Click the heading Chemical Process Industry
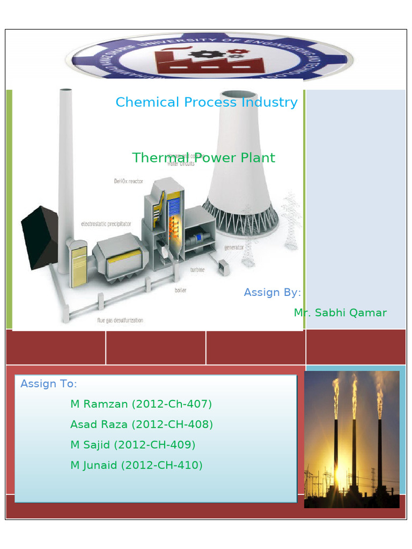pyautogui.click(x=207, y=102)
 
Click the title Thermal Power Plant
pyautogui.click(x=203, y=158)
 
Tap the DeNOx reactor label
pyautogui.click(x=128, y=181)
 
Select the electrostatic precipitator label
pyautogui.click(x=106, y=224)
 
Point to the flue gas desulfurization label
pyautogui.click(x=120, y=321)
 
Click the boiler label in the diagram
pyautogui.click(x=180, y=290)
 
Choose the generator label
pyautogui.click(x=233, y=248)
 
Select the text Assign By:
pyautogui.click(x=272, y=293)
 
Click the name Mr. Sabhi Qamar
pyautogui.click(x=340, y=313)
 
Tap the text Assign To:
pyautogui.click(x=49, y=384)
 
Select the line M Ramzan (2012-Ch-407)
pyautogui.click(x=141, y=404)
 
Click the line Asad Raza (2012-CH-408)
pyautogui.click(x=142, y=425)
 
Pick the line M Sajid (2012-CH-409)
pyautogui.click(x=133, y=445)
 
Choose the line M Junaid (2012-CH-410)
pyautogui.click(x=136, y=465)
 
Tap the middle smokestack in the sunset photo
pyautogui.click(x=354, y=445)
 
